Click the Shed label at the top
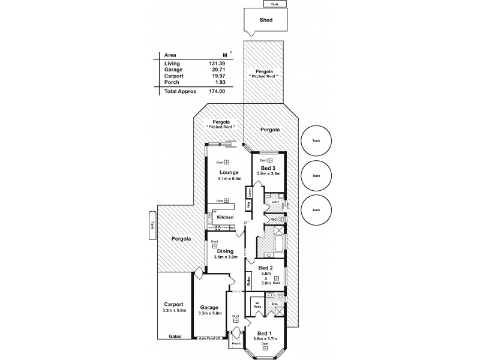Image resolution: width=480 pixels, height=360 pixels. coord(266,20)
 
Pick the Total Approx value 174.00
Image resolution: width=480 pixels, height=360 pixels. coord(217,91)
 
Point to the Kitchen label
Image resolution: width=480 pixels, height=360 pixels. coord(225,217)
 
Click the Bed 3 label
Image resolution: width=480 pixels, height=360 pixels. coord(268,168)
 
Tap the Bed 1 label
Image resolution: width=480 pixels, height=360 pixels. coord(265,333)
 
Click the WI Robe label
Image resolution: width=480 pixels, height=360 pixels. coord(256,304)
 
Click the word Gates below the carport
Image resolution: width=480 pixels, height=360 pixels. coord(175,337)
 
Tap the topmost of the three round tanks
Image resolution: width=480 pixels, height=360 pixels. coord(317,141)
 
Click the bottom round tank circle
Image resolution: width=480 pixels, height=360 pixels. coord(317,209)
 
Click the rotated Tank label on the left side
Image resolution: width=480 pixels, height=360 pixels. coord(152,224)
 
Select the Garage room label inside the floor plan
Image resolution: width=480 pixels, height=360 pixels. coord(210,307)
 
